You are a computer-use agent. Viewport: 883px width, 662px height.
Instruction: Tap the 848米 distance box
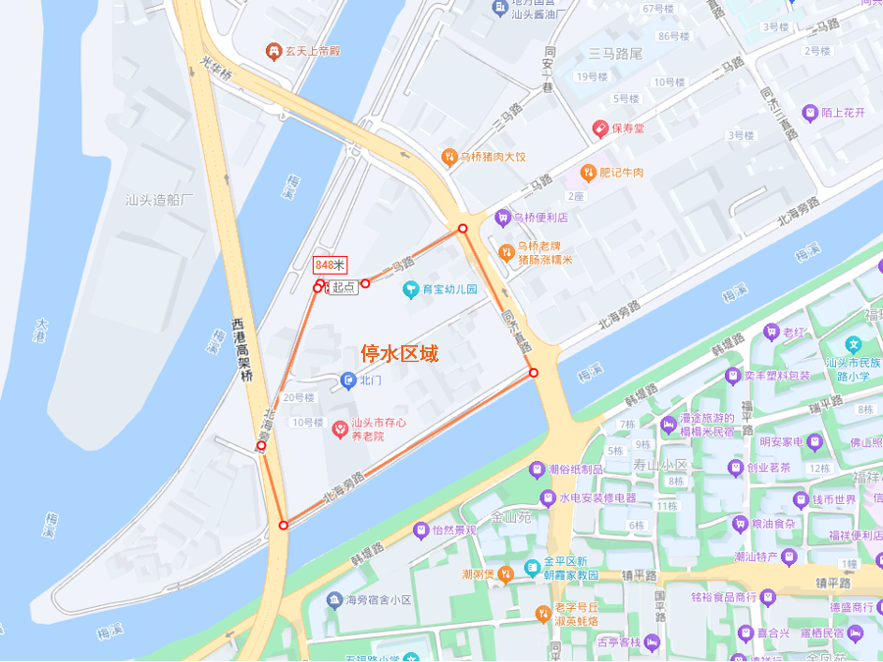coord(330,265)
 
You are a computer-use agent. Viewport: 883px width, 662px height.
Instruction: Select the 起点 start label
coord(342,287)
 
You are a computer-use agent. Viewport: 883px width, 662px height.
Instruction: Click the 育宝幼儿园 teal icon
coord(410,289)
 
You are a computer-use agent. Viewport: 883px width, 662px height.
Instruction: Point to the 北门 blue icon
coord(347,380)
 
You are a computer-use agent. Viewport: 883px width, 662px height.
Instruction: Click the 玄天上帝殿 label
coord(312,51)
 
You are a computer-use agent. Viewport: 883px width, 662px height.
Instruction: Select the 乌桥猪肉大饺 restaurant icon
coord(448,157)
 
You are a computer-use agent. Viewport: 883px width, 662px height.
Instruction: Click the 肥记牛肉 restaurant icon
coord(588,173)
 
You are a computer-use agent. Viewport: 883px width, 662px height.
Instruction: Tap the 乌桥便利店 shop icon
coord(503,218)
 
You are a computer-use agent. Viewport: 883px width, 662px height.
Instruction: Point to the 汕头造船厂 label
coord(160,200)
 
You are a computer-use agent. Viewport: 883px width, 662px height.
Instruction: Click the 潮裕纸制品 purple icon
coord(536,470)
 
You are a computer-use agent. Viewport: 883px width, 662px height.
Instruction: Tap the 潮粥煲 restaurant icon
coord(505,575)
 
